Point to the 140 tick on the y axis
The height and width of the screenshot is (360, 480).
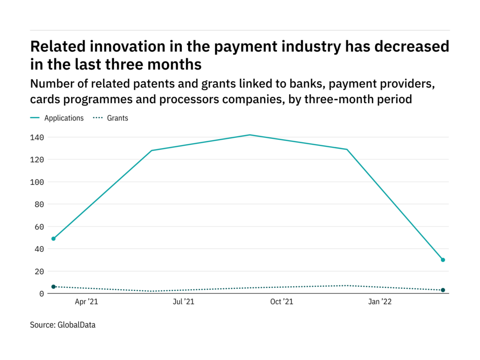[x=38, y=137]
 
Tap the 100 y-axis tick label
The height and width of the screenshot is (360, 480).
[x=38, y=182]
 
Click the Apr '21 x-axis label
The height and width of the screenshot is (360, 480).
[x=87, y=302]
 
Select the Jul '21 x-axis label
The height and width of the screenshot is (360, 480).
[x=183, y=302]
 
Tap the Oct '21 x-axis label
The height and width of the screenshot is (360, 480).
[x=282, y=302]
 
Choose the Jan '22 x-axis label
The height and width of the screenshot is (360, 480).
[x=380, y=302]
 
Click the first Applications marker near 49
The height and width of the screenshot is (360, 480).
[x=53, y=239]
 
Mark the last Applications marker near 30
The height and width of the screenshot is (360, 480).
[x=442, y=260]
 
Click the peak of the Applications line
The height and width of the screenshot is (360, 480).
[x=249, y=135]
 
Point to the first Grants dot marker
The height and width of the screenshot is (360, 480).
[x=53, y=286]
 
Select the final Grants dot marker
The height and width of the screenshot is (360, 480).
[x=442, y=290]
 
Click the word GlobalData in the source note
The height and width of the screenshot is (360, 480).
[x=75, y=324]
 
